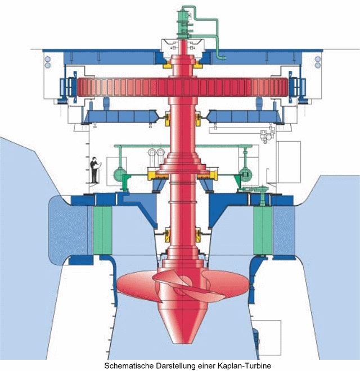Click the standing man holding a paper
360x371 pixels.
95,170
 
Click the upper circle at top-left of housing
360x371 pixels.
48,59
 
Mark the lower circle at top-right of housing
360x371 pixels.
318,65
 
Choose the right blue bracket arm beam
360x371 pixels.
246,117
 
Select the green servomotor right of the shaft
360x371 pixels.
245,175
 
